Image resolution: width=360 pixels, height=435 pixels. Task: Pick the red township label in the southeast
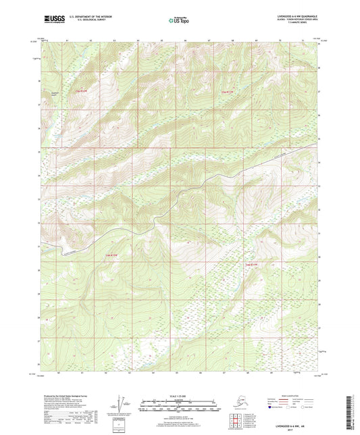point(251,264)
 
